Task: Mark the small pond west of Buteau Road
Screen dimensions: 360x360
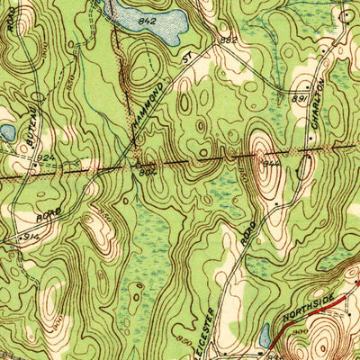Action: point(6,133)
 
